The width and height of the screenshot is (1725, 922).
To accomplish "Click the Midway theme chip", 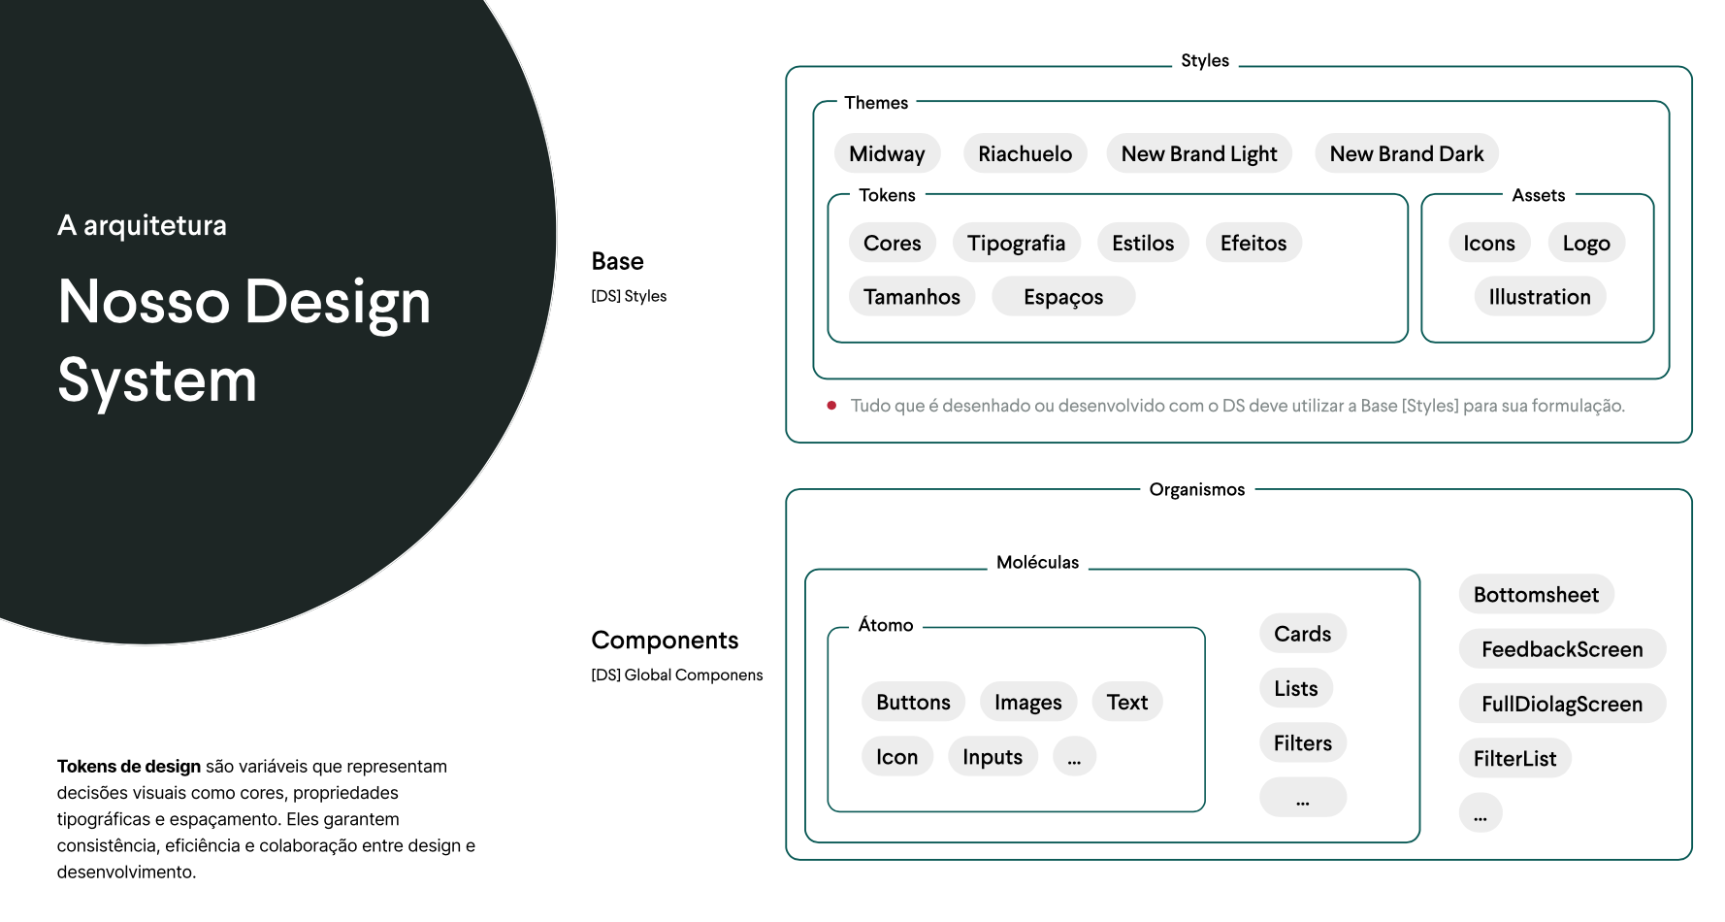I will point(887,153).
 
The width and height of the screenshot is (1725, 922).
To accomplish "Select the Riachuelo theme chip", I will point(1025,153).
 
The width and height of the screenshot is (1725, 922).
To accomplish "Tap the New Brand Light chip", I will point(1199,153).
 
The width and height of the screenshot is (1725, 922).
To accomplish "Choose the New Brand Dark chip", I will point(1406,153).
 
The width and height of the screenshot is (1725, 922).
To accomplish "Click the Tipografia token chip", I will point(1016,243).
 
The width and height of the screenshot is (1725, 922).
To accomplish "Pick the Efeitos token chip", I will point(1253,243).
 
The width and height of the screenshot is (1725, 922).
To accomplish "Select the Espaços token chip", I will point(1063,297).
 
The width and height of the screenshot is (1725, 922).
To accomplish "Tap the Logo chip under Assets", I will point(1586,243).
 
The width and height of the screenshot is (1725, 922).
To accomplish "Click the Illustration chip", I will point(1540,297).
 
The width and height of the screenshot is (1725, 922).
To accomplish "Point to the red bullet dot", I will point(831,406).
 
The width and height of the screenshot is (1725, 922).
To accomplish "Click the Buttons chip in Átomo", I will point(913,702).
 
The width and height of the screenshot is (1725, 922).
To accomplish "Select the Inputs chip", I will point(993,757).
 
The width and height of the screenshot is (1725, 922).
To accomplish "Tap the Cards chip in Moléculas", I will point(1302,634).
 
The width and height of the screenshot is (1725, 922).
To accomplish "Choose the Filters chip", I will point(1302,743).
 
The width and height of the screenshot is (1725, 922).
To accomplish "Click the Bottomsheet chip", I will point(1536,595).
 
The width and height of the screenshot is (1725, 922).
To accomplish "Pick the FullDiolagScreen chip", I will point(1562,704).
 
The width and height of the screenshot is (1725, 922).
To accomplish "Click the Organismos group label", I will point(1196,489).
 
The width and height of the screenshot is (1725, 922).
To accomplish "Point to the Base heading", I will point(617,261).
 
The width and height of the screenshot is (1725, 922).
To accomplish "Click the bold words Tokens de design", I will point(129,767).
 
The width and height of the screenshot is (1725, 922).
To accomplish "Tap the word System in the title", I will point(157,380).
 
